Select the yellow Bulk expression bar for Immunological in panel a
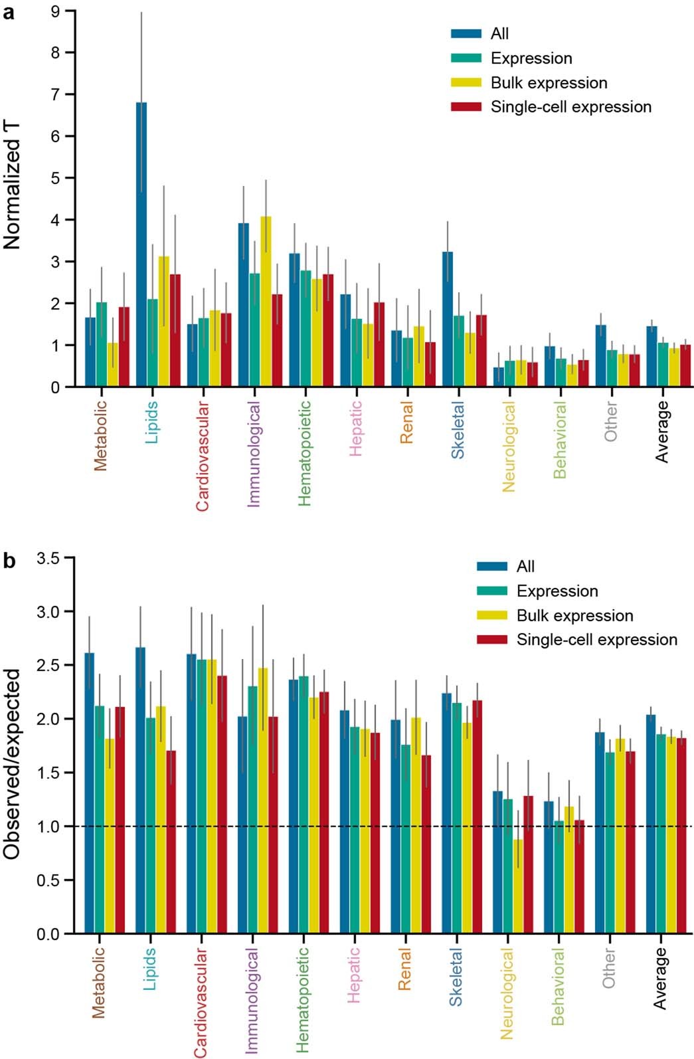tap(266, 302)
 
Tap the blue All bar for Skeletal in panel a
tap(448, 320)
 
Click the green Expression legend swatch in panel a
tap(466, 58)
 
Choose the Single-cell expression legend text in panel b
tap(596, 640)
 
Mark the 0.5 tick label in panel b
tap(48, 880)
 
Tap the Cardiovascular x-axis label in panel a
tap(203, 456)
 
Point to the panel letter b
tap(9, 562)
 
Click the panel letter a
tap(9, 12)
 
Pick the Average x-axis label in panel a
tap(662, 432)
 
